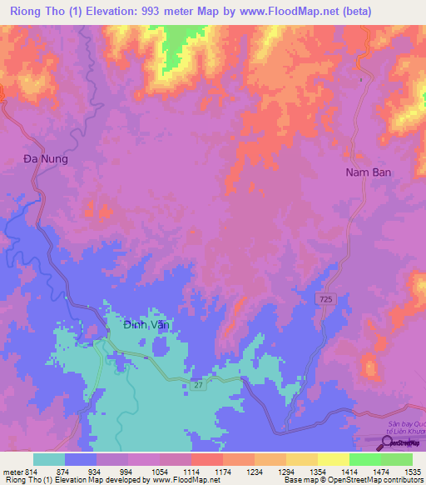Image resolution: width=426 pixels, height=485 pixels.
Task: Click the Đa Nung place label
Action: pyautogui.click(x=45, y=157)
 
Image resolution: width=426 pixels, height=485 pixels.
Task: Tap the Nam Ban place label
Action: pyautogui.click(x=368, y=172)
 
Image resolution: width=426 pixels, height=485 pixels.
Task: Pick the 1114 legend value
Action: pyautogui.click(x=191, y=472)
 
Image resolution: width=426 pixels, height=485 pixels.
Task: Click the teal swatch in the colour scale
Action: pyautogui.click(x=49, y=459)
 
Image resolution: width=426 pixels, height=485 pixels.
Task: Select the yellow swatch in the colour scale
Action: pyautogui.click(x=333, y=459)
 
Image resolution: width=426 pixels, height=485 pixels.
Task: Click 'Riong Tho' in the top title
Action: pyautogui.click(x=30, y=11)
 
